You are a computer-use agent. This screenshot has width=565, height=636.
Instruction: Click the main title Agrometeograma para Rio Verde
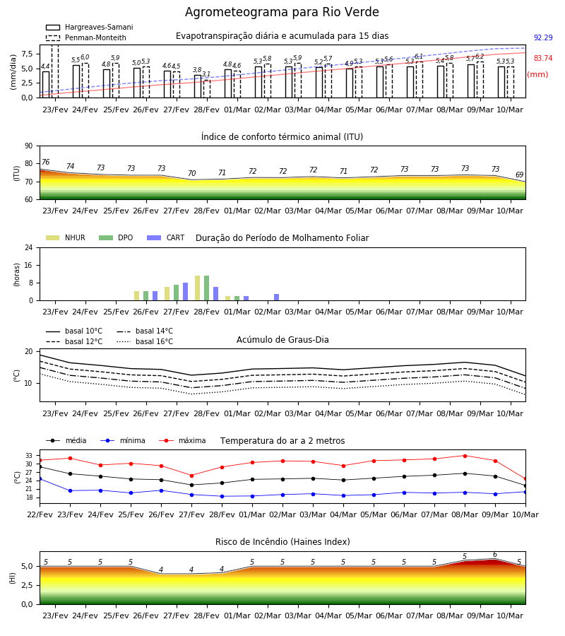tap(282, 12)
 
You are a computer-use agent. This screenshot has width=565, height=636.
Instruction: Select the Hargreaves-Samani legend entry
tap(89, 27)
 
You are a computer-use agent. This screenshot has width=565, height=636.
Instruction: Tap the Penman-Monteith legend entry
tap(86, 37)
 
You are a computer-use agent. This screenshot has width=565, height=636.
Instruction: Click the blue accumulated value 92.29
tap(543, 37)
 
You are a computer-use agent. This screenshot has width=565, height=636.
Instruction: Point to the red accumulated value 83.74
tap(543, 58)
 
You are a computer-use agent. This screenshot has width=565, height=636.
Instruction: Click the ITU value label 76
tap(45, 163)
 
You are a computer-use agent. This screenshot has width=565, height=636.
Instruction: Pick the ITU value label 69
tap(519, 175)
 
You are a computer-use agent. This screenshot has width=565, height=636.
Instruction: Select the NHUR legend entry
tap(66, 237)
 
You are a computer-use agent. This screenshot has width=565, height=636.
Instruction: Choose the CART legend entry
tap(166, 237)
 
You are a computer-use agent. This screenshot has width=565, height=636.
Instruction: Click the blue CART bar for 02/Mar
tap(276, 298)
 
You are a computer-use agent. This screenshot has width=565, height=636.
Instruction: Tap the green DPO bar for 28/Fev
tap(207, 288)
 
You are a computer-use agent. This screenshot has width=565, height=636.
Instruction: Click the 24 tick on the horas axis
tap(29, 247)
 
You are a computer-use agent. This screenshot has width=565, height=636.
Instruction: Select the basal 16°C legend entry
tap(145, 341)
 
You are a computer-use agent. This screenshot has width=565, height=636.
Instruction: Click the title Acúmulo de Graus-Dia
tap(282, 339)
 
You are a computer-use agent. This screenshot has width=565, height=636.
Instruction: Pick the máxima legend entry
tap(182, 440)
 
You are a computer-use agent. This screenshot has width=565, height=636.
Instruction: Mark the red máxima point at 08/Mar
tap(465, 456)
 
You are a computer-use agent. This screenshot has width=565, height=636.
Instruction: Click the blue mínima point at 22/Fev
tap(40, 479)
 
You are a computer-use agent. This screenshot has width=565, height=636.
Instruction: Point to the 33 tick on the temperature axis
tap(29, 456)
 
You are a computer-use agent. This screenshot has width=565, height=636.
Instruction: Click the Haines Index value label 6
tap(495, 555)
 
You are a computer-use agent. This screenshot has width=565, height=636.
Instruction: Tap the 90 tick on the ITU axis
tap(29, 146)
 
